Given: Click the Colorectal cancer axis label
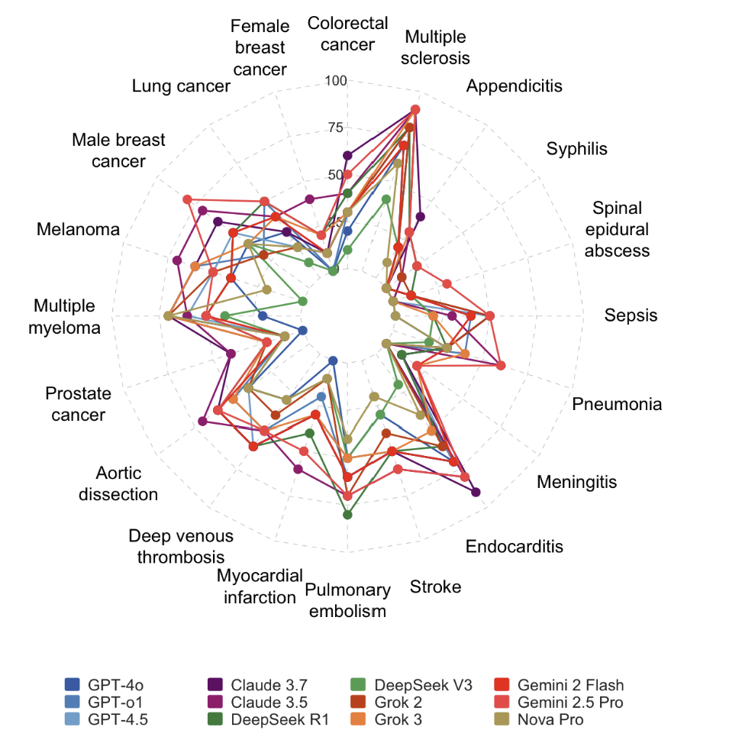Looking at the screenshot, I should click(x=347, y=34).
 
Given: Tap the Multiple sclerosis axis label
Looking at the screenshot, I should click(x=435, y=47).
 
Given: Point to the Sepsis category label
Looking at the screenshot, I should click(x=631, y=315).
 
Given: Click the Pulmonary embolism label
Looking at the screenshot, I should click(x=347, y=600).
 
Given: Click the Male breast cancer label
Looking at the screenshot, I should click(x=118, y=150).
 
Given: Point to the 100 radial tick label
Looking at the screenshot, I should click(x=336, y=80).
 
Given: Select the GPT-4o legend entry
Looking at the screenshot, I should click(x=107, y=684).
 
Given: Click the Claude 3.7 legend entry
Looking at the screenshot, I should click(x=260, y=684).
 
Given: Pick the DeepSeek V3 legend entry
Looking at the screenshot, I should click(x=412, y=684).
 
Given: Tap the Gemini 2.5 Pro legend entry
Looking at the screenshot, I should click(x=569, y=702).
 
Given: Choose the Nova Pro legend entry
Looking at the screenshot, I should click(x=550, y=719).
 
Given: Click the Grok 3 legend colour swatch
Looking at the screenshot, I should click(x=360, y=719).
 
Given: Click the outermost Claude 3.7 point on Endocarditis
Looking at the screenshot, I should click(x=476, y=493).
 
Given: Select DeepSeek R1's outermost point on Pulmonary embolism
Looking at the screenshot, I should click(x=348, y=515).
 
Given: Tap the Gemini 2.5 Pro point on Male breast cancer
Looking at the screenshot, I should click(x=187, y=199).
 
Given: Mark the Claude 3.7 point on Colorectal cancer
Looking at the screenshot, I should click(x=348, y=156).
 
